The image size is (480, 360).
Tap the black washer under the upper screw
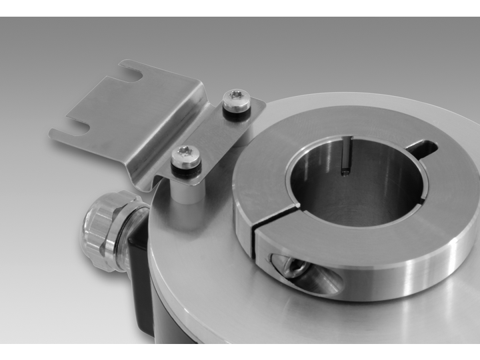237,113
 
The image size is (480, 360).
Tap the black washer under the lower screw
186,171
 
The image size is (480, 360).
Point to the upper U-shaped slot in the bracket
131,74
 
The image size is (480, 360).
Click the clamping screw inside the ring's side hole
292,267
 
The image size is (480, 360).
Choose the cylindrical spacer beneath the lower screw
187,190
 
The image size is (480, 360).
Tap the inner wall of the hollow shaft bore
373,180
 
